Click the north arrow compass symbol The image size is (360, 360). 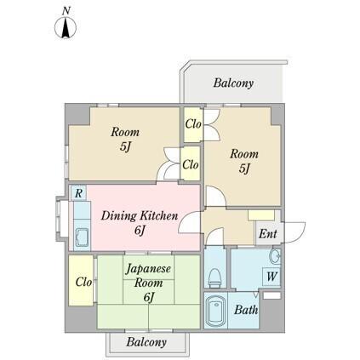coord(66,28)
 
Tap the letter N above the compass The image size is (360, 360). coord(66,9)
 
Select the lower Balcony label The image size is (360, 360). coord(146,342)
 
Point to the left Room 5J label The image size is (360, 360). coord(124,139)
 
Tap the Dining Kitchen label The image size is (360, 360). coord(139,222)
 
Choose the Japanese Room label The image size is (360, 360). coord(148,282)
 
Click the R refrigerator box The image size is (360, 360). coord(78,194)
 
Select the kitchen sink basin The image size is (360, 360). coord(83,236)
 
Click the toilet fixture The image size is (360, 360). coord(215,275)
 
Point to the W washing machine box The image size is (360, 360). coord(271,277)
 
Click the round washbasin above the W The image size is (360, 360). coord(274,257)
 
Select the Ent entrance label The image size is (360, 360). coord(267,234)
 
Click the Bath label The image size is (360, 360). coord(247,311)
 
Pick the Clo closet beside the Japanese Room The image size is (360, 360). coord(83,282)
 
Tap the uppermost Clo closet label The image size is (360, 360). coord(192,124)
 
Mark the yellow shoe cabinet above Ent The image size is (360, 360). coord(261,214)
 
